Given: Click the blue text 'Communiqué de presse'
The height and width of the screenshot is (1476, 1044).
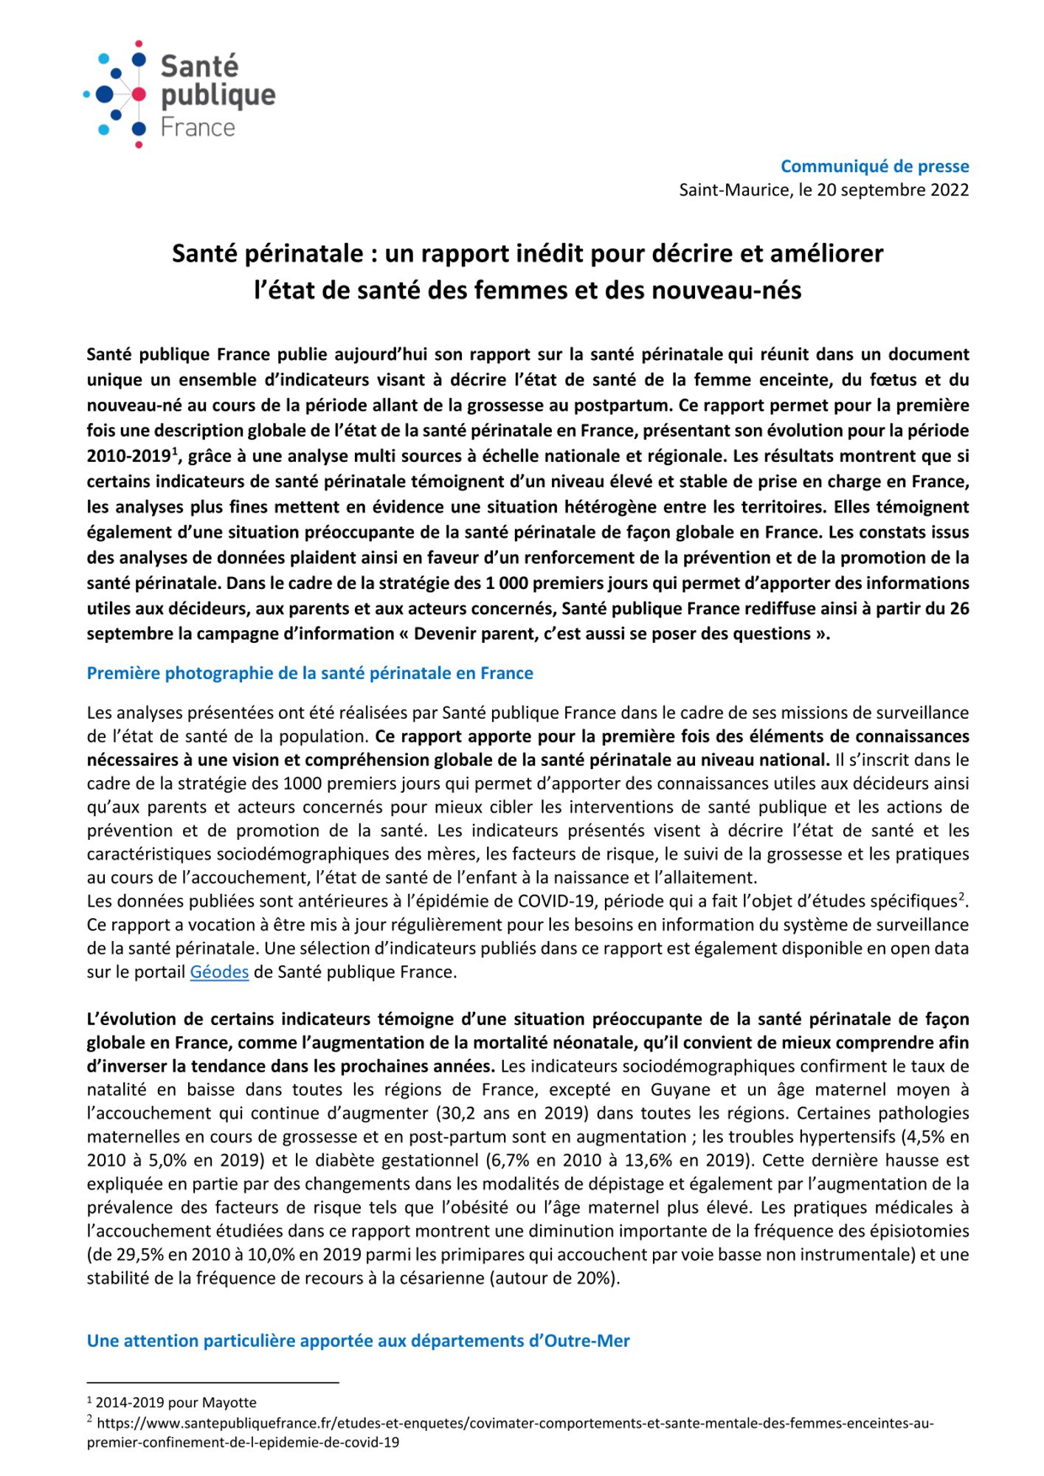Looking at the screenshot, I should coord(874,166).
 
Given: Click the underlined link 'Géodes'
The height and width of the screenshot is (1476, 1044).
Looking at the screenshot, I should coord(219,972).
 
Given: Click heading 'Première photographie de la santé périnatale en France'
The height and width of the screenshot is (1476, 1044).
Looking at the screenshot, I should coord(310,673).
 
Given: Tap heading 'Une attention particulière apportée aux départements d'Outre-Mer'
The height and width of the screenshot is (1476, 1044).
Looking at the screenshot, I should coord(358,1341).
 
